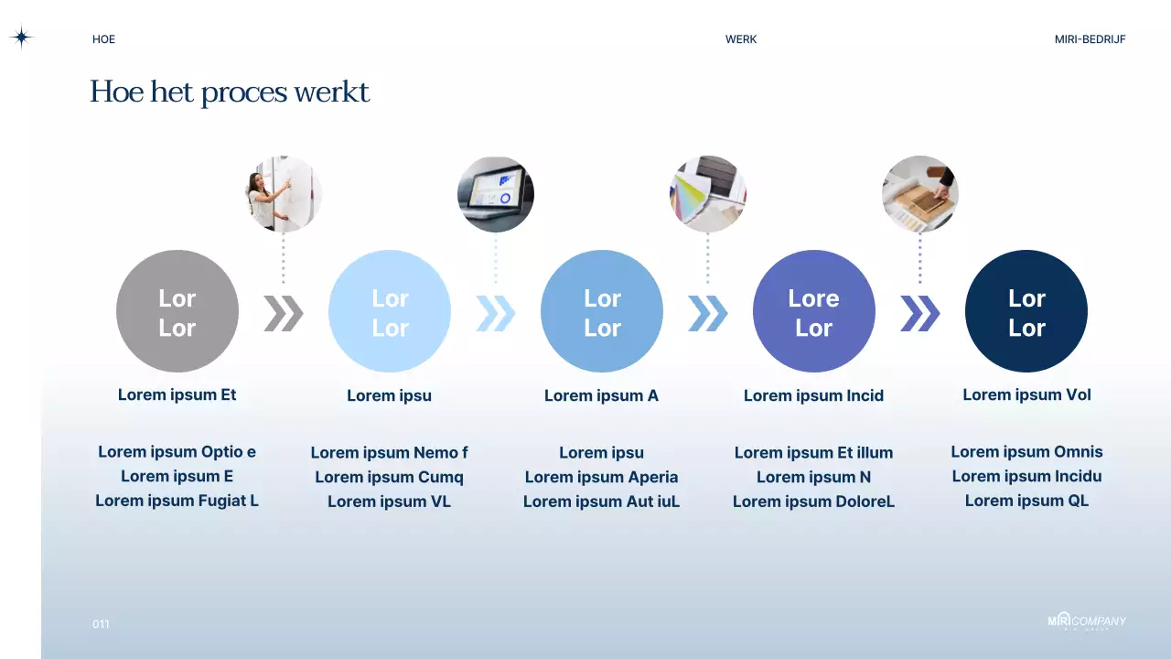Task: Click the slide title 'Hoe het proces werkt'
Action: pyautogui.click(x=230, y=92)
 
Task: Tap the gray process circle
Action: pyautogui.click(x=177, y=311)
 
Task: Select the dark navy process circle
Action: pyautogui.click(x=1026, y=311)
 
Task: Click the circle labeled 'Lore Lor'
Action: pyautogui.click(x=813, y=311)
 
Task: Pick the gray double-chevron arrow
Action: pyautogui.click(x=283, y=313)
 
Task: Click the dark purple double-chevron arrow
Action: pyautogui.click(x=919, y=313)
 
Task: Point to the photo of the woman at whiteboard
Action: pyautogui.click(x=284, y=194)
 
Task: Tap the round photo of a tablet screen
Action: pyautogui.click(x=496, y=194)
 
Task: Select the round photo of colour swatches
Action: pyautogui.click(x=707, y=194)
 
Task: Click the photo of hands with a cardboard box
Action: pyautogui.click(x=919, y=194)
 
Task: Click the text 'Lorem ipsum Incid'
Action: pyautogui.click(x=813, y=395)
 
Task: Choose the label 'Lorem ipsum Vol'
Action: pyautogui.click(x=1026, y=394)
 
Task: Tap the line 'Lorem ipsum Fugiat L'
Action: pyautogui.click(x=177, y=501)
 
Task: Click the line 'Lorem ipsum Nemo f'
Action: pyautogui.click(x=389, y=452)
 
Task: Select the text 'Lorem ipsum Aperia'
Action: pyautogui.click(x=601, y=477)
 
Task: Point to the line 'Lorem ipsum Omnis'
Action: pyautogui.click(x=1026, y=451)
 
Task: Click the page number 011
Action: pyautogui.click(x=101, y=624)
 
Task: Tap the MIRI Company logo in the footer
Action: pyautogui.click(x=1087, y=621)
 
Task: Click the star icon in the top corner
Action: pyautogui.click(x=21, y=38)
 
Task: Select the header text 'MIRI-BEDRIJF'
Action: pyautogui.click(x=1090, y=39)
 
